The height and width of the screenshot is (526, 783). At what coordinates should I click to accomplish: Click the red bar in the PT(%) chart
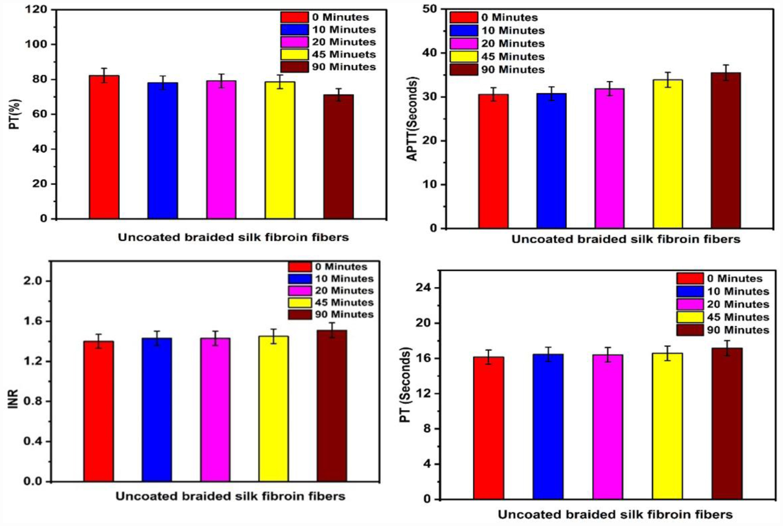click(104, 147)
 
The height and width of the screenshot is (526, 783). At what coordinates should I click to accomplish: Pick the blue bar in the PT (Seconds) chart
click(548, 427)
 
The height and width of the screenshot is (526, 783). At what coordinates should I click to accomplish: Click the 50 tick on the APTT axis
click(432, 9)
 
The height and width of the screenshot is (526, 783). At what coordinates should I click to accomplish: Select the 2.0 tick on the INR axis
click(34, 281)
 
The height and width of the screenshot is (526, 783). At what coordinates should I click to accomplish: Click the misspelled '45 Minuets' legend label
click(344, 54)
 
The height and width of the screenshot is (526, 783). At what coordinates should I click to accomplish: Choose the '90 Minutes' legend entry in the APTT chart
click(513, 70)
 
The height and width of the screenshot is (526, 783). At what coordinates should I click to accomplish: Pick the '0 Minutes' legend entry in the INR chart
click(341, 267)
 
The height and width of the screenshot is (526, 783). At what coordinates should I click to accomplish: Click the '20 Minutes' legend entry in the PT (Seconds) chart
click(738, 304)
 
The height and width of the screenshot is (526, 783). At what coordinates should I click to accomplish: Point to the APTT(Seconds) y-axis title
click(413, 119)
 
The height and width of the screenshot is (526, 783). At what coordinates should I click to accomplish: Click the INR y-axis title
click(14, 399)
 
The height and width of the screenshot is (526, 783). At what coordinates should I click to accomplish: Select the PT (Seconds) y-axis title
click(405, 385)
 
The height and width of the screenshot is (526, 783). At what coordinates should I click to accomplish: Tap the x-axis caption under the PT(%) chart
click(233, 237)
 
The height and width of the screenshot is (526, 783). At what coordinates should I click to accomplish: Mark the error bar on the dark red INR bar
click(332, 330)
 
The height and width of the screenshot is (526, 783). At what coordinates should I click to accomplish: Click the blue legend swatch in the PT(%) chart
click(295, 30)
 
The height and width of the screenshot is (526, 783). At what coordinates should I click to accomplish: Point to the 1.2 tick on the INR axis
click(34, 362)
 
